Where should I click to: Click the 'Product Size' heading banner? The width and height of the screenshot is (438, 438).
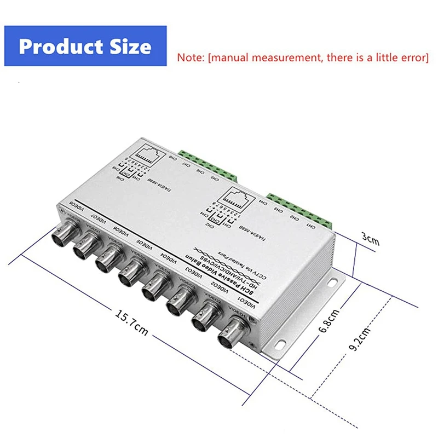pos(85,47)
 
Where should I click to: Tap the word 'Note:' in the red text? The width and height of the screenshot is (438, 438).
pos(191,57)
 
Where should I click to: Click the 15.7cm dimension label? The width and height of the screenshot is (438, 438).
pos(131,323)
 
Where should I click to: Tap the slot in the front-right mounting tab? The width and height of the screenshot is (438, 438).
pos(279,345)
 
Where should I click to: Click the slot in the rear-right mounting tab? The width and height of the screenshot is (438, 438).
pos(335,281)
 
